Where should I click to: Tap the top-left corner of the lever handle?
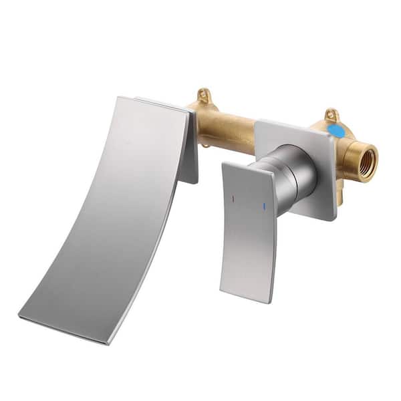point(223,163)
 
